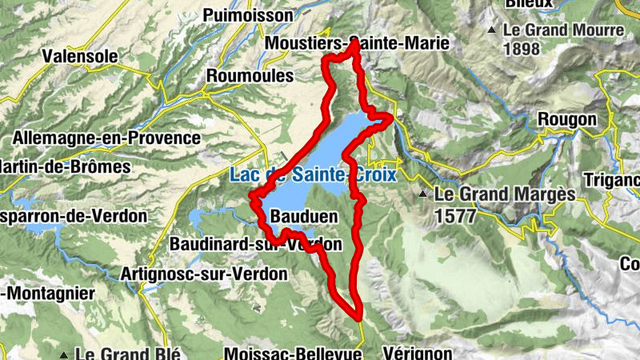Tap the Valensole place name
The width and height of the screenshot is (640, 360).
(x=81, y=57)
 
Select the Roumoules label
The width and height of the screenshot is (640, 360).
(x=250, y=75)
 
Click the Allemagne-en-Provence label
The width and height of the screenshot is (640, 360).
(x=106, y=138)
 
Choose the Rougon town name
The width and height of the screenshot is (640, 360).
(x=568, y=119)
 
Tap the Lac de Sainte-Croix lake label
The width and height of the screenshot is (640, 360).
(x=312, y=174)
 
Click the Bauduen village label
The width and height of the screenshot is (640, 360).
(x=304, y=217)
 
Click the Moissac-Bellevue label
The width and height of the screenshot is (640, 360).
(x=294, y=353)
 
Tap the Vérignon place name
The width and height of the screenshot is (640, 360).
(x=418, y=353)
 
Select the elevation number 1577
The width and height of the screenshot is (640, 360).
(x=456, y=215)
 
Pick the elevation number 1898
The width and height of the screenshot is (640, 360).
(x=525, y=48)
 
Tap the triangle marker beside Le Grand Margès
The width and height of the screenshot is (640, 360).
(x=422, y=194)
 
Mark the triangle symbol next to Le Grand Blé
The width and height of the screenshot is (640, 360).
(x=63, y=354)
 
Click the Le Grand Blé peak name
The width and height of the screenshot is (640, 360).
(x=129, y=354)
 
